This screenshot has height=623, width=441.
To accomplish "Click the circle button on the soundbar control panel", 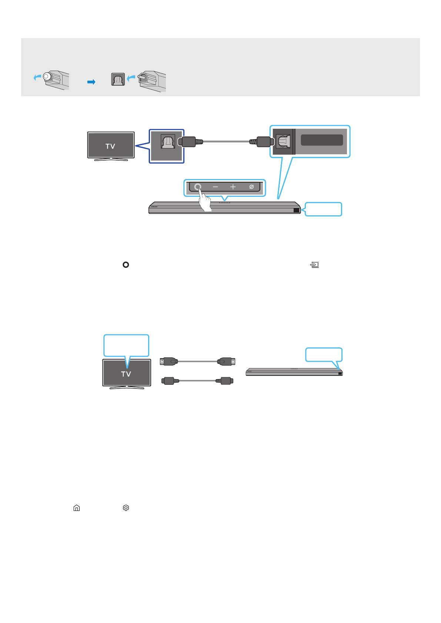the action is pos(198,186).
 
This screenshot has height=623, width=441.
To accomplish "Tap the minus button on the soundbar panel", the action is pos(215,187).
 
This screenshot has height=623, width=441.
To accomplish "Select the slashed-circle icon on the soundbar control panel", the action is pos(251,187).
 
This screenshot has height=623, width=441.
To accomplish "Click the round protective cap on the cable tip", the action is pos(46,77).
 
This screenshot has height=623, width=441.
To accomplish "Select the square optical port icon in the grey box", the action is pos(118,80).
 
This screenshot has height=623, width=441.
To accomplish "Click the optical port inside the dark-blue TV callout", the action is pos(168,142).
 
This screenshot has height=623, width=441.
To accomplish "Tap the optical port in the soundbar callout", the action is pos(283,141).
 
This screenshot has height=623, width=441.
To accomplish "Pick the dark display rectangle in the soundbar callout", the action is pos(322,140).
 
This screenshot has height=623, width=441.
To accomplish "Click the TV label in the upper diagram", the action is pos(110,146).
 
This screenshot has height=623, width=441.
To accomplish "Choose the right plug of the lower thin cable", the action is pos(225,381).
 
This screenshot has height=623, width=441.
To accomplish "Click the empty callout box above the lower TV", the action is pos(126,346).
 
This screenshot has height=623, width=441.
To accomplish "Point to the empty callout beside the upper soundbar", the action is pos(323,209).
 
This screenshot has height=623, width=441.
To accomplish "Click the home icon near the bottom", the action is pos(77,508).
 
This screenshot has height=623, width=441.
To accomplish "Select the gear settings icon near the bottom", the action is pos(126,508).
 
